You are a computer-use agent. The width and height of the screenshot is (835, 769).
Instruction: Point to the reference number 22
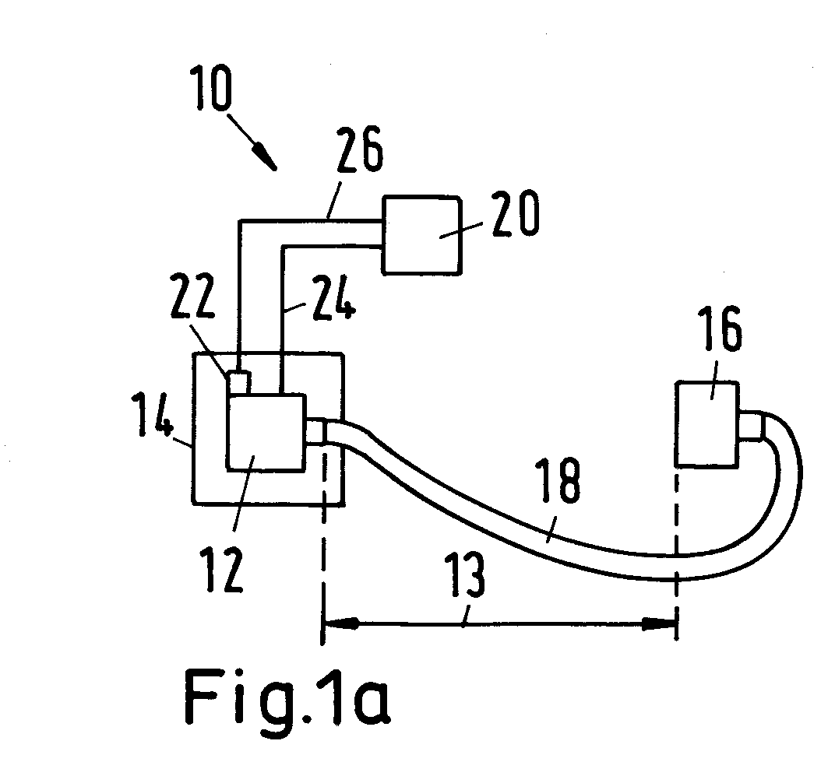[192, 296]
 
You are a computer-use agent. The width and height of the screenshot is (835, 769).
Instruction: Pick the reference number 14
[153, 415]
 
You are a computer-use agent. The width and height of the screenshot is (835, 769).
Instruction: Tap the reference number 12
[223, 570]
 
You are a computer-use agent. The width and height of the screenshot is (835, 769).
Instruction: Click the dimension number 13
[465, 574]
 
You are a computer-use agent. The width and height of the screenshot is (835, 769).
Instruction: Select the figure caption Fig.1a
[287, 697]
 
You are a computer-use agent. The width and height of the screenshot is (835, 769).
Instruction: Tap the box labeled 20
[421, 235]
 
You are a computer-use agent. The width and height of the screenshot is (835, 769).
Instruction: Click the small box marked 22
[240, 383]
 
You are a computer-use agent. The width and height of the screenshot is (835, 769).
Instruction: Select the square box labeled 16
[707, 424]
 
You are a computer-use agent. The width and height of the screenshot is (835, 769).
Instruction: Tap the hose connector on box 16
[751, 426]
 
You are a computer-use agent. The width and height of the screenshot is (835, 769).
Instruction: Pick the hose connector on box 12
[315, 430]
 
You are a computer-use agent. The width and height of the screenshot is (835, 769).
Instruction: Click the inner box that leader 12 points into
[266, 432]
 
